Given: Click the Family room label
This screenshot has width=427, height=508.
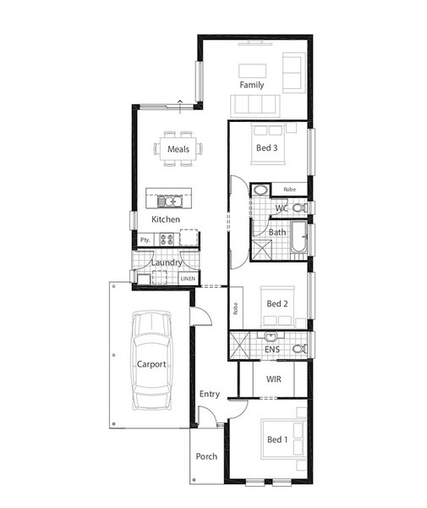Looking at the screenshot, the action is tap(252, 85).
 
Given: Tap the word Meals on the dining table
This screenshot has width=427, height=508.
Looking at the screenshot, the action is tap(178, 149).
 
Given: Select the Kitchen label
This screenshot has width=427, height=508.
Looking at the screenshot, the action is tap(166, 219).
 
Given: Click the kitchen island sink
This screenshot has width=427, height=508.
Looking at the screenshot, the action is tap(170, 202).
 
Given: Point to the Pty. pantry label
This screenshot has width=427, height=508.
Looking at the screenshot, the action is tap(145, 240).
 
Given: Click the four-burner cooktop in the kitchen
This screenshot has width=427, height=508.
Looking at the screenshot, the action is tap(167, 240).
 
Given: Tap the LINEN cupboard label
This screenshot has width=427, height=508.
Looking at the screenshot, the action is tap(188, 279).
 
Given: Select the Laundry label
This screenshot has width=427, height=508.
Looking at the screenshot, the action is tap(167, 262).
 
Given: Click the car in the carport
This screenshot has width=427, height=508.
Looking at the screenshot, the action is tap(151, 361).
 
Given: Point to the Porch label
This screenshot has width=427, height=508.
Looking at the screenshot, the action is tap(206, 456).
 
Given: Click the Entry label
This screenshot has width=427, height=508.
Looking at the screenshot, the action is tap(210, 394).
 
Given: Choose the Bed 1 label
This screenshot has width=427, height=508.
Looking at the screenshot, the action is tap(277, 439).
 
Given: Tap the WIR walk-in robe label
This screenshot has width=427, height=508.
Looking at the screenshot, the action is tap(274, 379).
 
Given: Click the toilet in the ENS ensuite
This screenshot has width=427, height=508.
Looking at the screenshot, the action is tap(300, 349).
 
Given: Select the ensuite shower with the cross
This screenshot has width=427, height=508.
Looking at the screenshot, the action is tap(239, 345).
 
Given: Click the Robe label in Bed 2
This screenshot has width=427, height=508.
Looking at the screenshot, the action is tap(236, 308).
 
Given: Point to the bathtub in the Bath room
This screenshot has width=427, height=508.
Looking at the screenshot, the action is tap(298, 237).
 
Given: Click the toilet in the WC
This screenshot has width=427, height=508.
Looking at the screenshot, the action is tap(299, 207).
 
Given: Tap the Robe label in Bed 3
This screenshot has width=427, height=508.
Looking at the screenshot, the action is tap(289, 189).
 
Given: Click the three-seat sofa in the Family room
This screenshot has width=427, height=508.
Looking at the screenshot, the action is tap(255, 106).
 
